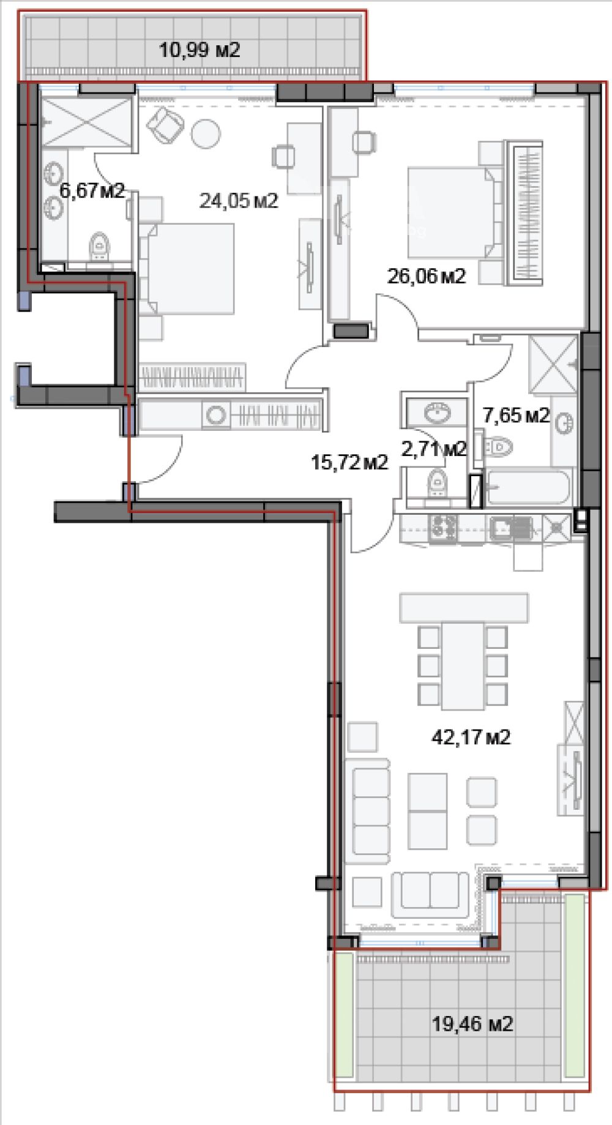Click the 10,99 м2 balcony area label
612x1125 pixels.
[200, 50]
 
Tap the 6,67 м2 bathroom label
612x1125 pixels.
[92, 190]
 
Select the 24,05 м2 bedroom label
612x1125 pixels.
[239, 200]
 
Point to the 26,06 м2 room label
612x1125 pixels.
[427, 276]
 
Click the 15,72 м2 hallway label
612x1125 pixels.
[349, 462]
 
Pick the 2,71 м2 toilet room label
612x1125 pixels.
[434, 449]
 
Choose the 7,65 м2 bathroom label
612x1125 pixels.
[517, 416]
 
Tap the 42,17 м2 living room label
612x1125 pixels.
[471, 737]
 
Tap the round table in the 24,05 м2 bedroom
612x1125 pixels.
[206, 133]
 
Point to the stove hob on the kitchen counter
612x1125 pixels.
[443, 528]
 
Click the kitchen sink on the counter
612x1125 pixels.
[512, 528]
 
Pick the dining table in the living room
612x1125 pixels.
[463, 665]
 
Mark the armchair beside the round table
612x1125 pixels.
[165, 125]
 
